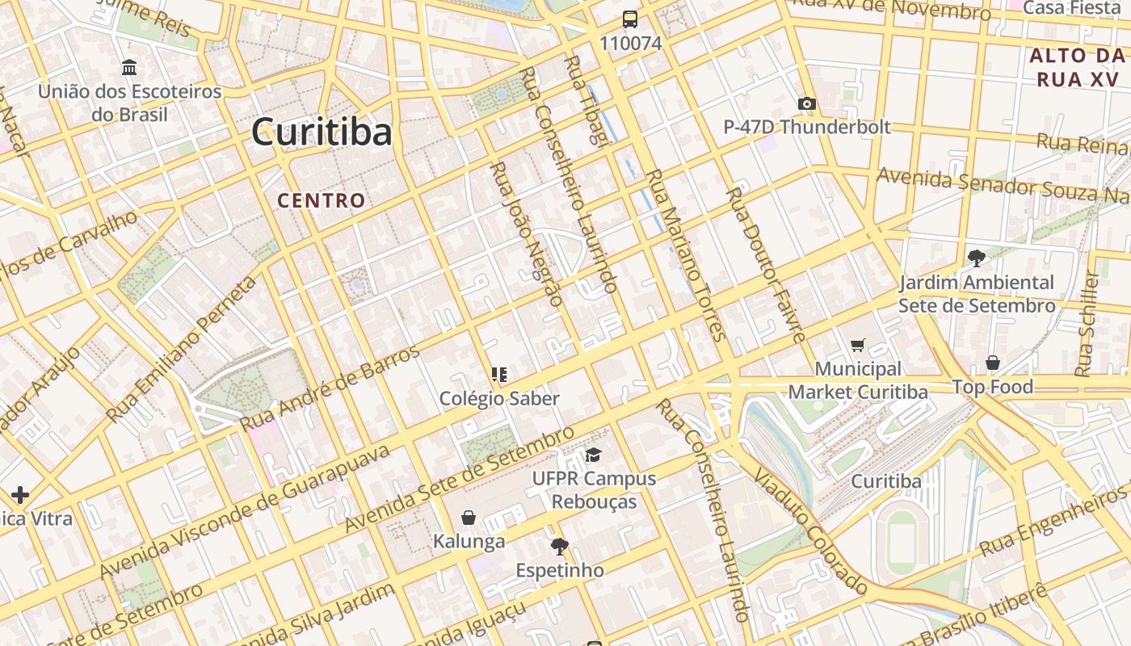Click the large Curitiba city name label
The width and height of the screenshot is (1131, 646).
(x=322, y=132)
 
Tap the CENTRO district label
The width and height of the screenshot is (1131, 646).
(x=321, y=200)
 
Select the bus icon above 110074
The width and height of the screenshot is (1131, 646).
(x=629, y=19)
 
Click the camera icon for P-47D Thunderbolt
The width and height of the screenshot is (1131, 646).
(x=806, y=103)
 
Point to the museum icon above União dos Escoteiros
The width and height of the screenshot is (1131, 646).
(x=128, y=67)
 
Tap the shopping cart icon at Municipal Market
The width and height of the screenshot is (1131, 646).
(x=858, y=345)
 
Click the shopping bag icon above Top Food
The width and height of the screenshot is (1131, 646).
(x=992, y=363)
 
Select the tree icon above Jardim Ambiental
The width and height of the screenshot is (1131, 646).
(x=976, y=258)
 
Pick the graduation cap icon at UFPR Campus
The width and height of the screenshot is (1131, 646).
(x=593, y=455)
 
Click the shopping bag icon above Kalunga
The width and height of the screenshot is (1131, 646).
(x=469, y=518)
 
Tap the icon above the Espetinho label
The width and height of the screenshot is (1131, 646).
(x=559, y=547)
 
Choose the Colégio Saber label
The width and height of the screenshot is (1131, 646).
(x=499, y=398)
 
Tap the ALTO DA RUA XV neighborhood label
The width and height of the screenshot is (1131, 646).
(x=1076, y=67)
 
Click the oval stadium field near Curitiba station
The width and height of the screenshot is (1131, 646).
(x=902, y=536)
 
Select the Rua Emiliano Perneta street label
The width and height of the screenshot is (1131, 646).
(x=183, y=347)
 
